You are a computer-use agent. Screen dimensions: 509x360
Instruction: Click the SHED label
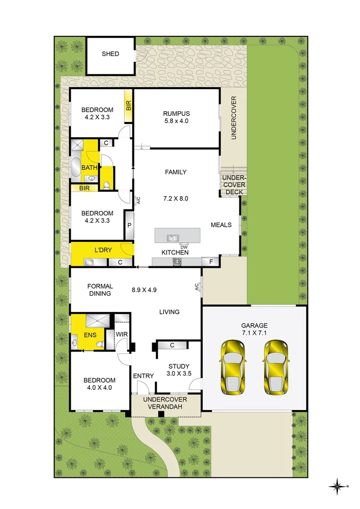[110, 54]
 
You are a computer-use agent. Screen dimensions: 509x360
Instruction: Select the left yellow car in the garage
[233, 366]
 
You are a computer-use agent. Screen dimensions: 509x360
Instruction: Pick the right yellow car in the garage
[276, 366]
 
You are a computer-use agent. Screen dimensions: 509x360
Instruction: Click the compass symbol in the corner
[338, 485]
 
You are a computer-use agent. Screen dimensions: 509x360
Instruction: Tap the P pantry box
[129, 225]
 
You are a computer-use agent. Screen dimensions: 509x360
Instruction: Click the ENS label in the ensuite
[90, 335]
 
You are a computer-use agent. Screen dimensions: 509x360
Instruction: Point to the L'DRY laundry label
[103, 250]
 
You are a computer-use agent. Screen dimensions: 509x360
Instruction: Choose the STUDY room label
[179, 366]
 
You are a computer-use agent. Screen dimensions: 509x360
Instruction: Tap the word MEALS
[221, 225]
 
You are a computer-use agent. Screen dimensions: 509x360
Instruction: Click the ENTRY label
[144, 376]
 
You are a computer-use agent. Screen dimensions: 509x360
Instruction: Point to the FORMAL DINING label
[100, 290]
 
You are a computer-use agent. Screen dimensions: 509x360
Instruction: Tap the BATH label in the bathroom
[89, 167]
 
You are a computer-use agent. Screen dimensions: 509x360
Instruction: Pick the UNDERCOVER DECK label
[234, 185]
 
